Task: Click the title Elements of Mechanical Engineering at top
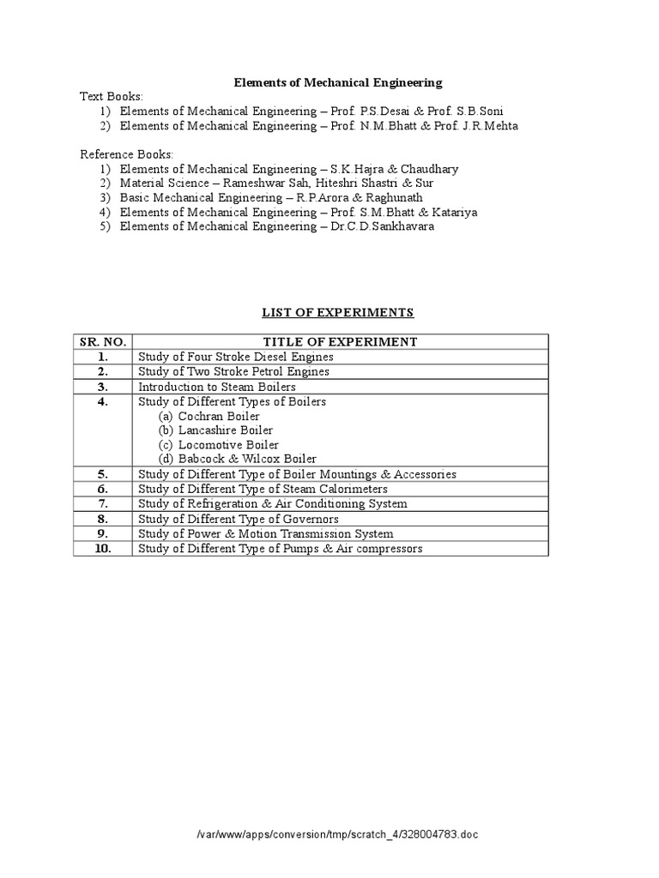338,82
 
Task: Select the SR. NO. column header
102,341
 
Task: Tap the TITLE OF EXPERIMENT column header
340,341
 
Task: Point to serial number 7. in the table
102,503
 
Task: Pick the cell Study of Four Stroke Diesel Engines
235,357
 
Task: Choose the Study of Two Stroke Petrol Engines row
233,372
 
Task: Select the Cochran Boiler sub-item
219,416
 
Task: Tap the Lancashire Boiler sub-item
226,430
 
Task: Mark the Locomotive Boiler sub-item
228,445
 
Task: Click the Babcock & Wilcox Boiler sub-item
247,460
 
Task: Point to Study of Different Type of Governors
238,519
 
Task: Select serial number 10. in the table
102,549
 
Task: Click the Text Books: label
112,97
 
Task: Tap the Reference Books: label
126,154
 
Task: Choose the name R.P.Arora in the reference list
319,198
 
